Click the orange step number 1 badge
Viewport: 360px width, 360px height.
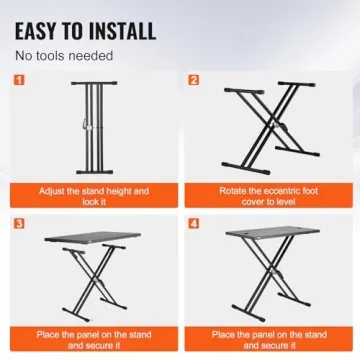click(x=20, y=80)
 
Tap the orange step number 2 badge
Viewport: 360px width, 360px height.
click(x=194, y=80)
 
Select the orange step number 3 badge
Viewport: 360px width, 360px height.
click(x=20, y=224)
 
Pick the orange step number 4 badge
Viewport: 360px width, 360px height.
click(x=194, y=224)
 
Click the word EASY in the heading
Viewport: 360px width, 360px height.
click(x=36, y=31)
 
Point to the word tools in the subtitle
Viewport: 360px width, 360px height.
click(x=50, y=56)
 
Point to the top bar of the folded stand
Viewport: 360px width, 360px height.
click(x=94, y=83)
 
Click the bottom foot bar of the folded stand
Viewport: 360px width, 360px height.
click(x=93, y=172)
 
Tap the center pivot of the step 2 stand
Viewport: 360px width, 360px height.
click(x=274, y=126)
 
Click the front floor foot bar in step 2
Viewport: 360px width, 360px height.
click(x=246, y=168)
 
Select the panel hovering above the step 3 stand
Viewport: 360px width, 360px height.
click(x=93, y=237)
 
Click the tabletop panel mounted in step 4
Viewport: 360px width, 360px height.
click(x=273, y=232)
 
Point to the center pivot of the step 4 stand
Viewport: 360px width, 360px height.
click(x=273, y=272)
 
